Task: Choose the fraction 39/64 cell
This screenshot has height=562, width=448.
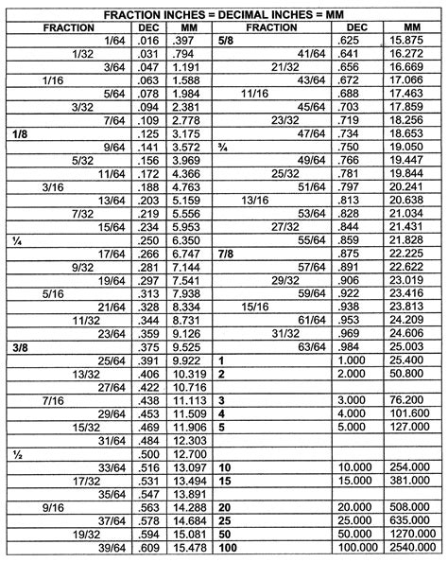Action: (x=114, y=548)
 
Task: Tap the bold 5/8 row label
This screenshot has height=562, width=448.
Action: (x=226, y=42)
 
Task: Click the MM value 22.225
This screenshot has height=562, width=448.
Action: (x=413, y=255)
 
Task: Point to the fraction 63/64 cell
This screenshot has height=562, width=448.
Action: (x=310, y=348)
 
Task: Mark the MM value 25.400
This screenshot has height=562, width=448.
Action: (x=413, y=361)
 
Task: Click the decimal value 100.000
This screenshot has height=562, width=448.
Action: (x=353, y=548)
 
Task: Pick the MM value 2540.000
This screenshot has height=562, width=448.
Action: (x=410, y=548)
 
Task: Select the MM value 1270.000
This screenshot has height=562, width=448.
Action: (x=410, y=535)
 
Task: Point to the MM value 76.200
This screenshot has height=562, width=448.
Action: (x=413, y=401)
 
